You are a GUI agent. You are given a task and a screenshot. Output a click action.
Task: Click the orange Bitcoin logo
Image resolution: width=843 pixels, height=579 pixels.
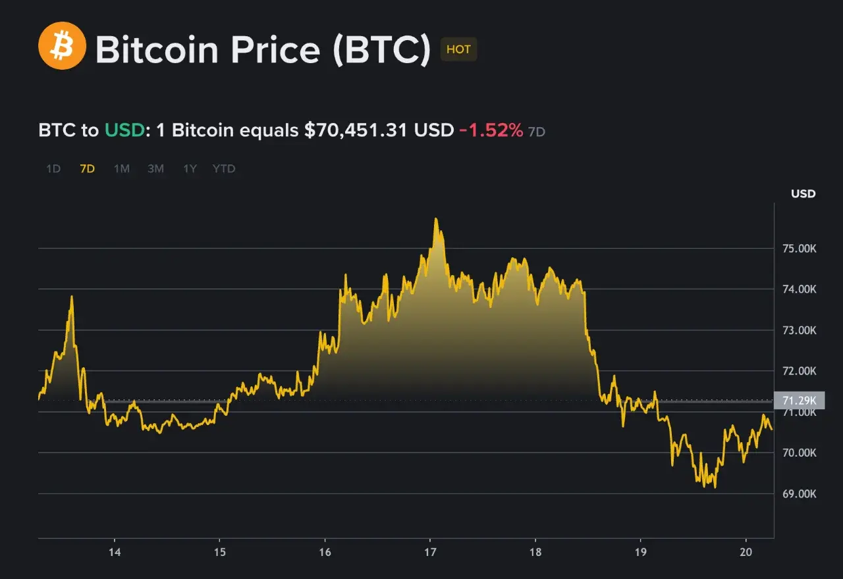(62, 45)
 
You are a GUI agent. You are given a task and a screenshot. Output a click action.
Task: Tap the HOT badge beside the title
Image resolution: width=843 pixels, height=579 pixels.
(458, 49)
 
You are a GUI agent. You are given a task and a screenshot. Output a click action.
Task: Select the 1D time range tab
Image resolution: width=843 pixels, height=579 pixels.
(53, 168)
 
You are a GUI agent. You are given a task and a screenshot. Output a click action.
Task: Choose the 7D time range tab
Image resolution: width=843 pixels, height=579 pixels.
(87, 168)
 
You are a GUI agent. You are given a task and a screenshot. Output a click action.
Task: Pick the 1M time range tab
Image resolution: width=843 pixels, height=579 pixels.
(122, 168)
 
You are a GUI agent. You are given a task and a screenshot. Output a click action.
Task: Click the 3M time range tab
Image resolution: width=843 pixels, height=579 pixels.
(155, 168)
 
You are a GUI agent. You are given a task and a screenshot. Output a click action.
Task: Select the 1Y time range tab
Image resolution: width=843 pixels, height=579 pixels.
(190, 168)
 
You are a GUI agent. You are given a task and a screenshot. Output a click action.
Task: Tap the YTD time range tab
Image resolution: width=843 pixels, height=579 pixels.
(224, 168)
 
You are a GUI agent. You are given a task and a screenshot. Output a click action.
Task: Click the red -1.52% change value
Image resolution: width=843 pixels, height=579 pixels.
(491, 130)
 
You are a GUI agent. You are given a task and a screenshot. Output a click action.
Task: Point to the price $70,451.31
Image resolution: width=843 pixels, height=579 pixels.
(356, 130)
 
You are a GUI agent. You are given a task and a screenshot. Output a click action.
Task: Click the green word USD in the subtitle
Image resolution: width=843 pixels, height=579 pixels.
(124, 130)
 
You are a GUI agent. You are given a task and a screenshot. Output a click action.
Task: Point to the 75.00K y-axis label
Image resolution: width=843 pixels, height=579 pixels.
(798, 248)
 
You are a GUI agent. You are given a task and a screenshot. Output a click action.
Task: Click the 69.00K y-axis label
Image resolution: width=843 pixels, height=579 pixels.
(798, 493)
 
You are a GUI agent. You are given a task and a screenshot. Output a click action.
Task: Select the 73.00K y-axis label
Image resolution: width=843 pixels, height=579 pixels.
(798, 330)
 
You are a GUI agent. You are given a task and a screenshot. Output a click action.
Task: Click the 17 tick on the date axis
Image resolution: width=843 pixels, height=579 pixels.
(430, 551)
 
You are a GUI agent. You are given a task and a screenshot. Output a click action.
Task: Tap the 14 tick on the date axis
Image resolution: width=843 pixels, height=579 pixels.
(115, 551)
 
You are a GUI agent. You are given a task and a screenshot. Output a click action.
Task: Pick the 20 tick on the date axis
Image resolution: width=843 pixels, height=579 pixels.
(746, 551)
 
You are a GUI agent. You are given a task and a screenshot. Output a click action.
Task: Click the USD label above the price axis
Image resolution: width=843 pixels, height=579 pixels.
(803, 193)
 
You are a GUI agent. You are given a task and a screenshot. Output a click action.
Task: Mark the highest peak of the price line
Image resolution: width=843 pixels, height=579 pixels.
(435, 218)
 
